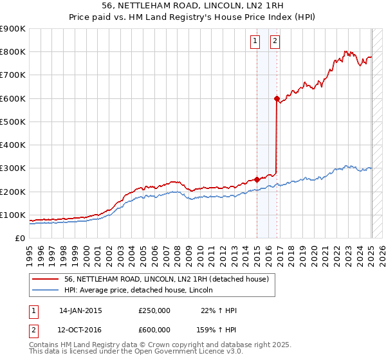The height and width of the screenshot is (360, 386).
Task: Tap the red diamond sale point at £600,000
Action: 277,99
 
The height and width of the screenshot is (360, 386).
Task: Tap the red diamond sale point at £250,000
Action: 257,180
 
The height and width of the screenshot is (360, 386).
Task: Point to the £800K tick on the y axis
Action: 13,52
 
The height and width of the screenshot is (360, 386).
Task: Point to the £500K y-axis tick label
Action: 13,122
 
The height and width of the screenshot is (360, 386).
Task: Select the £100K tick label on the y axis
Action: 13,215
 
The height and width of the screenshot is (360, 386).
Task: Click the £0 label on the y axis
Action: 19,238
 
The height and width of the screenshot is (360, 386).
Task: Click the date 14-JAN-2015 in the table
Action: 80,310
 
